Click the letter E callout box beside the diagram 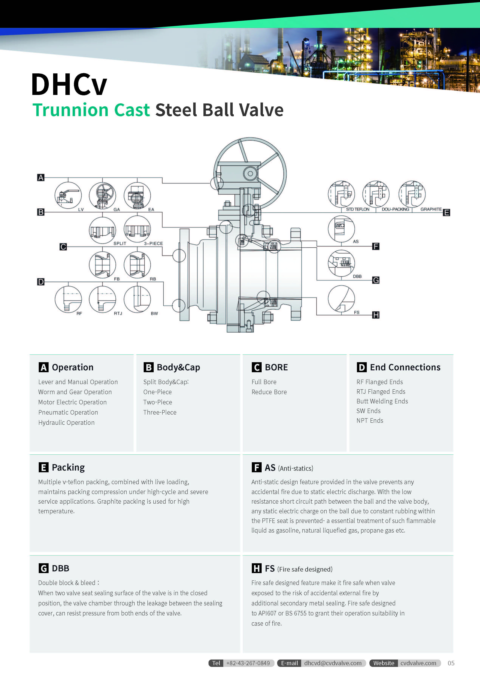pos(446,212)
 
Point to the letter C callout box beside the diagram pos(63,247)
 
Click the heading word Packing pos(68,467)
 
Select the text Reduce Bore pos(269,392)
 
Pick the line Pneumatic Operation pos(68,412)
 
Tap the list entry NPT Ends pos(370,420)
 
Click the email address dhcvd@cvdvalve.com pos(333,663)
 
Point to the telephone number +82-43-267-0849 pos(248,663)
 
